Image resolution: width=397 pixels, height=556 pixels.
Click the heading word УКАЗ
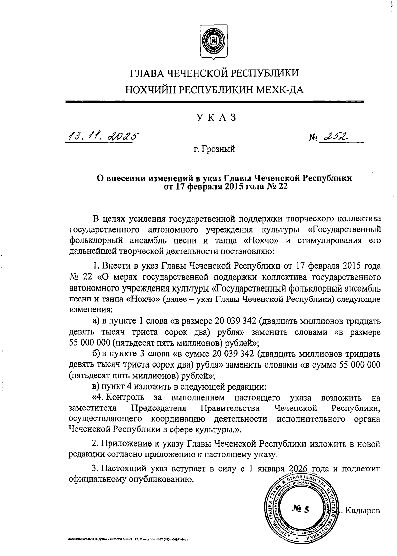coord(217,118)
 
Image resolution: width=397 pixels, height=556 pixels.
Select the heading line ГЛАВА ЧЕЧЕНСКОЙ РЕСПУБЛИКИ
coord(215,73)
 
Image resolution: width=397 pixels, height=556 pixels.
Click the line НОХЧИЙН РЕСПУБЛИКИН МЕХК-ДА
coord(215,89)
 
